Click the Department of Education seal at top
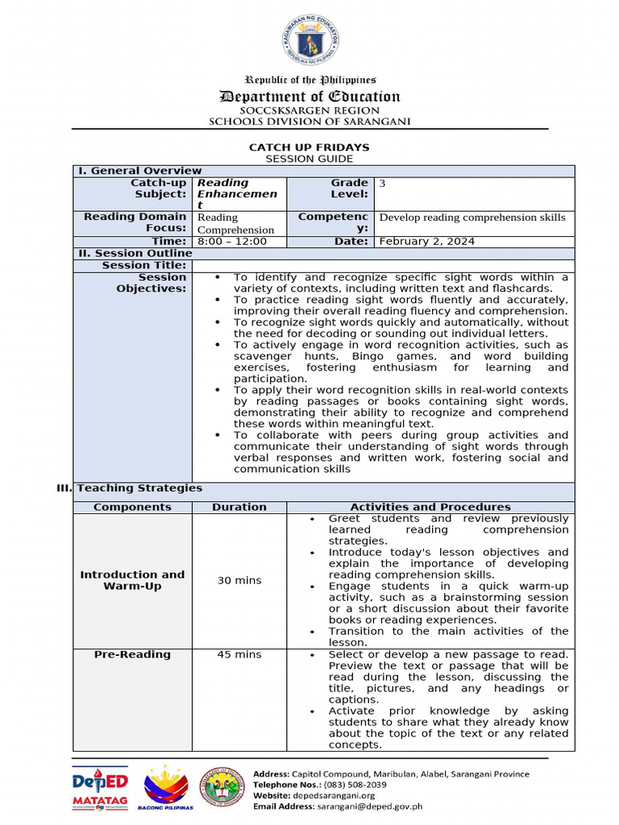tap(310, 41)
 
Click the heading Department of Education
tap(310, 97)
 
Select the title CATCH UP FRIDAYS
tap(309, 147)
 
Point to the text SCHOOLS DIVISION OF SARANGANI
tap(310, 121)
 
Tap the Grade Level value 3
tap(382, 184)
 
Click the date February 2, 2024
tap(426, 242)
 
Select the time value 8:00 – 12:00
tap(231, 242)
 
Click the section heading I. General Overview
tap(139, 171)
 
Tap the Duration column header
tap(239, 508)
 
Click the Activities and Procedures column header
tap(430, 508)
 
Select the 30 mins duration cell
tap(239, 581)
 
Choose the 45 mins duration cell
tap(239, 655)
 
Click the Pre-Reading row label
tap(132, 655)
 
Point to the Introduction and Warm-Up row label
tap(132, 581)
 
